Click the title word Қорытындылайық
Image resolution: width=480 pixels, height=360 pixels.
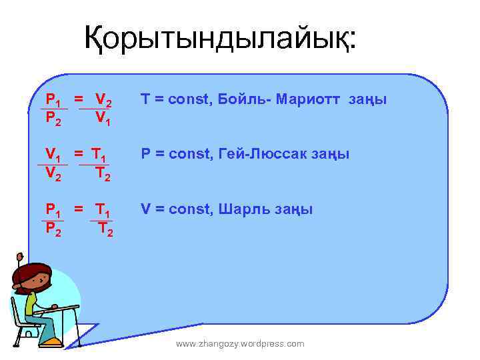[x=220, y=39]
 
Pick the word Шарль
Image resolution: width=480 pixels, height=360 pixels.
[x=239, y=209]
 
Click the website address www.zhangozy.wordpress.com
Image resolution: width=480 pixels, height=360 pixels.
[x=240, y=343]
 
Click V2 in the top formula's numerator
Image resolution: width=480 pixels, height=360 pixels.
[x=103, y=101]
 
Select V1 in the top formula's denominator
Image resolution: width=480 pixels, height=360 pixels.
[x=103, y=119]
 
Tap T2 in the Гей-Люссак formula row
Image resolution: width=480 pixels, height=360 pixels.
[x=103, y=175]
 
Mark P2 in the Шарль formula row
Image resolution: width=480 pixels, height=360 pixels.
[x=53, y=229]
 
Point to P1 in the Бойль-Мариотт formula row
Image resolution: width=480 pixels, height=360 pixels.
[x=53, y=101]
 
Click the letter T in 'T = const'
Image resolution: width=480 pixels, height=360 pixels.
[x=144, y=100]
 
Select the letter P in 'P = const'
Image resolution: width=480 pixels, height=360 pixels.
[x=144, y=155]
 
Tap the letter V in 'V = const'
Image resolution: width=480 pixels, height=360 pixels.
[x=145, y=209]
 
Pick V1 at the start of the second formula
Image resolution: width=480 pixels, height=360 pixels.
[x=53, y=156]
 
